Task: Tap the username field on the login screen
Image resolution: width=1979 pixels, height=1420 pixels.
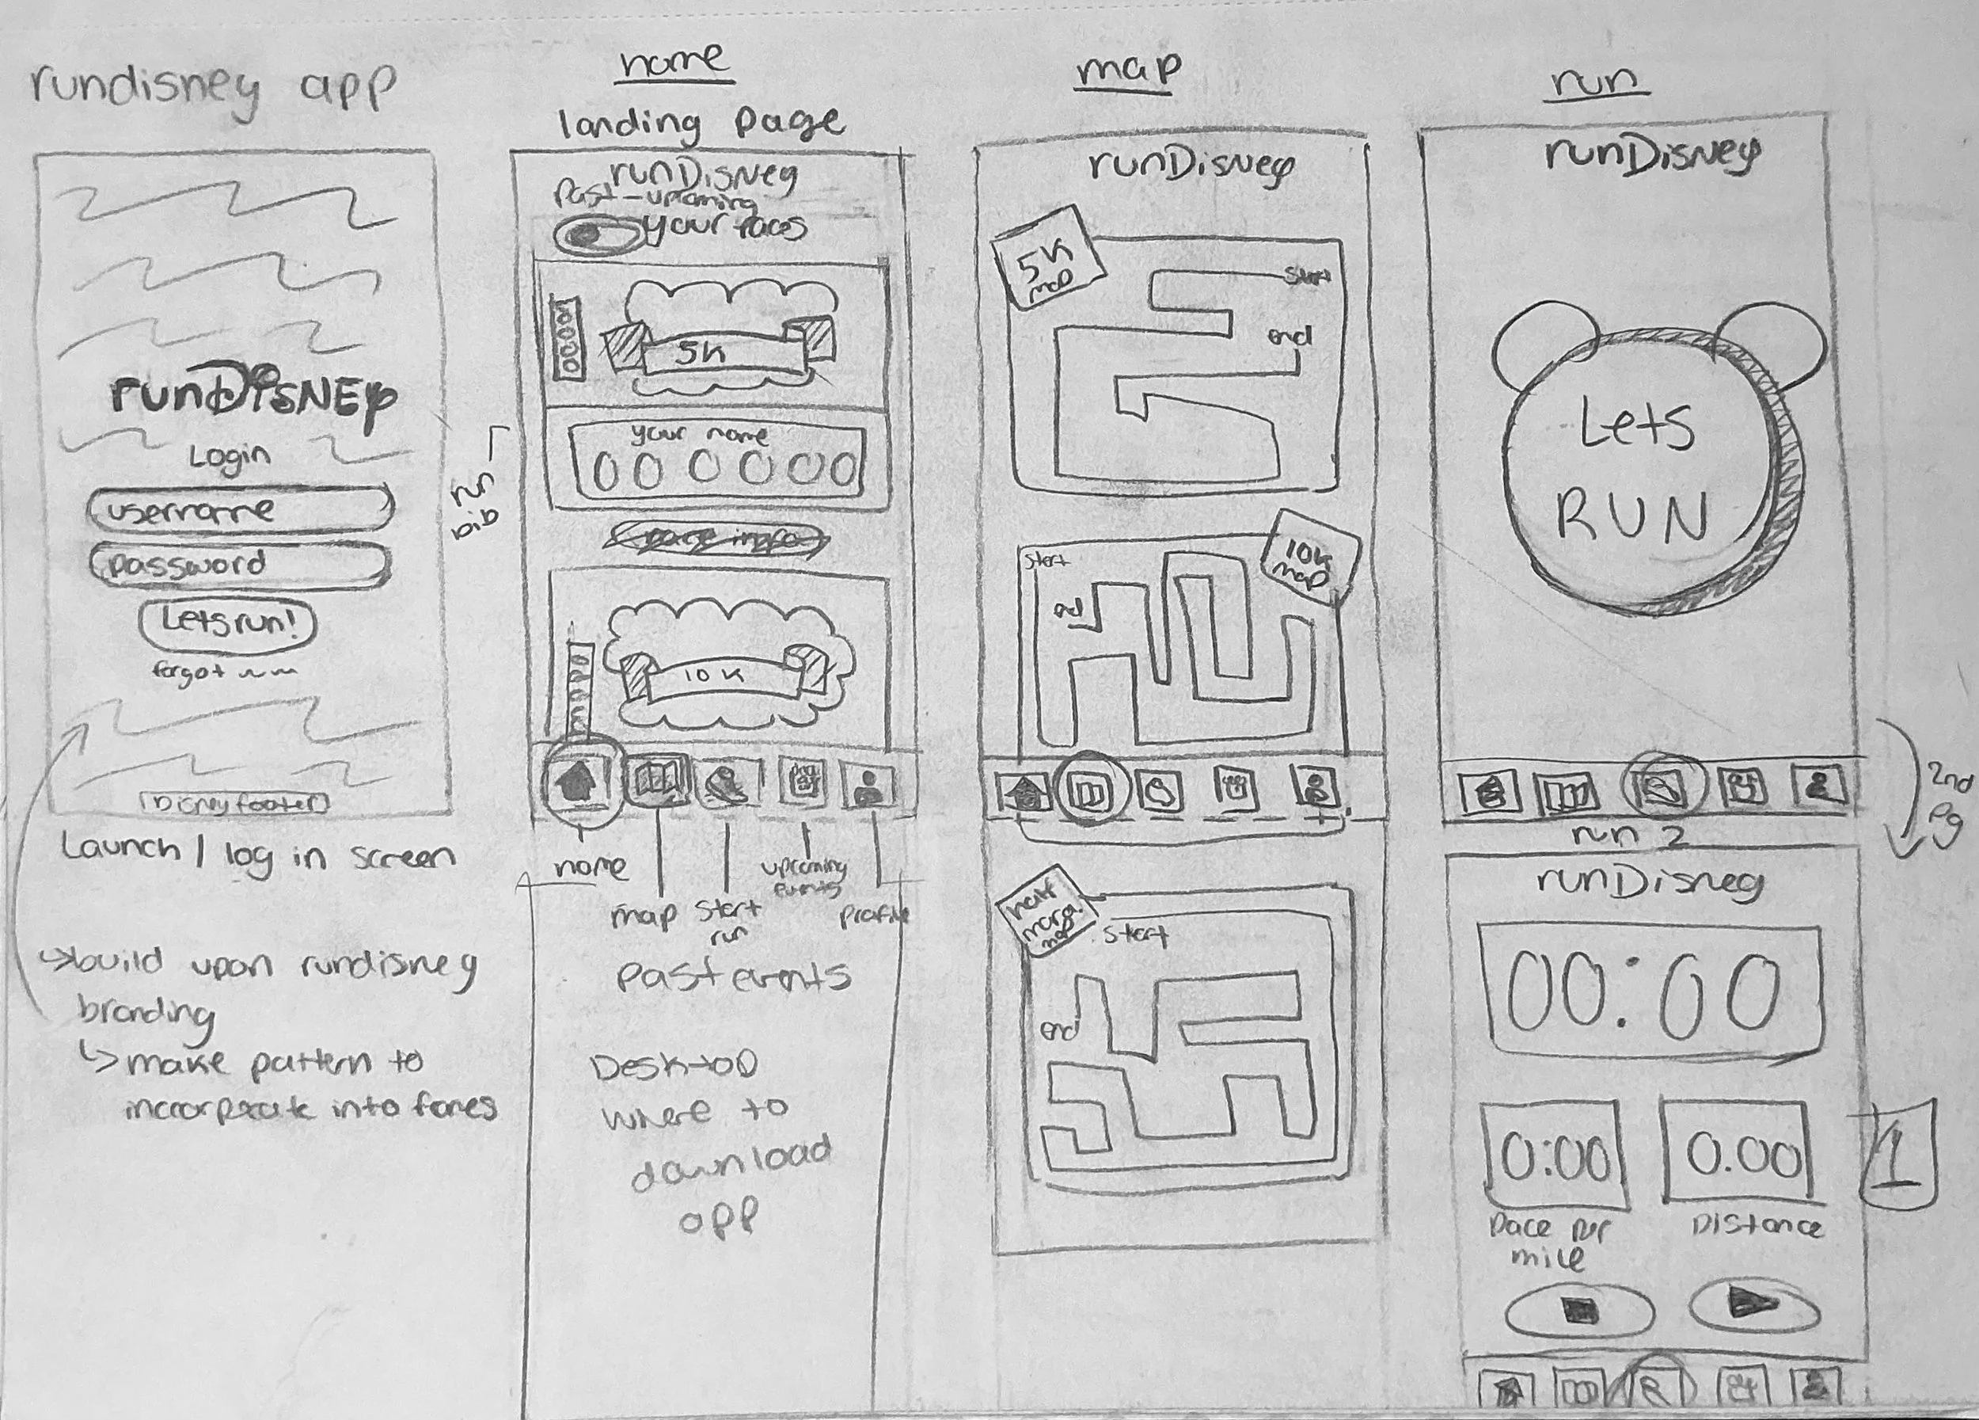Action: click(x=240, y=511)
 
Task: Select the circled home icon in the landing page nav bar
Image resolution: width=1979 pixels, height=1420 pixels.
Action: click(x=579, y=781)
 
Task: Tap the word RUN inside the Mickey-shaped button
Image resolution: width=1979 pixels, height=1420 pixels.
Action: click(x=1631, y=520)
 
